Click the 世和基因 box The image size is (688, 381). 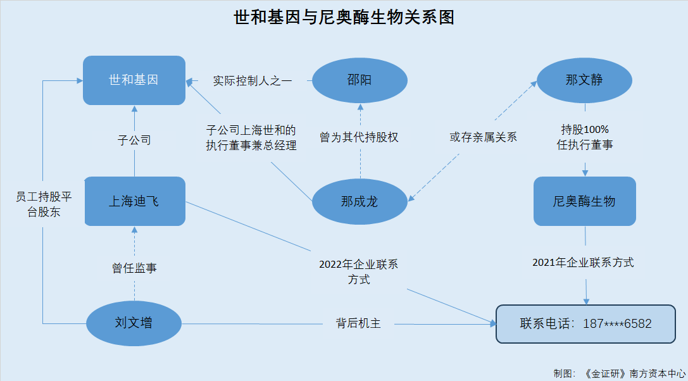[134, 80]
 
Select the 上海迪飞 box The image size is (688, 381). [134, 201]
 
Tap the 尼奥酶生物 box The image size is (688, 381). [584, 201]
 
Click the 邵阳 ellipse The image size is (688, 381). [360, 80]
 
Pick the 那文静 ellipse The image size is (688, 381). [584, 80]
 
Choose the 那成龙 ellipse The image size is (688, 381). [360, 201]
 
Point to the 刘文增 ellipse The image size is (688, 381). [134, 323]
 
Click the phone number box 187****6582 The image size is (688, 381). [585, 324]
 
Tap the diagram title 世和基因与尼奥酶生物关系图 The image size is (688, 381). [344, 18]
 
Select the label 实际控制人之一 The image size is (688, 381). [253, 81]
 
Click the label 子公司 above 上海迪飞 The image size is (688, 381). [134, 141]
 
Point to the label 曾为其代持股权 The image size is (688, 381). [359, 137]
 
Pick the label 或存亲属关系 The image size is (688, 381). [484, 137]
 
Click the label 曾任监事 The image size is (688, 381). [134, 268]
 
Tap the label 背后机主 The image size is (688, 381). [358, 324]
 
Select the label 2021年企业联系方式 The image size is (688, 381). [583, 263]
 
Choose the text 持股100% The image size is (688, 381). [585, 130]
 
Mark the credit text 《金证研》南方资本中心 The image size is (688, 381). [634, 373]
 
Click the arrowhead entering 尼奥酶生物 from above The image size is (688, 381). [585, 173]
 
